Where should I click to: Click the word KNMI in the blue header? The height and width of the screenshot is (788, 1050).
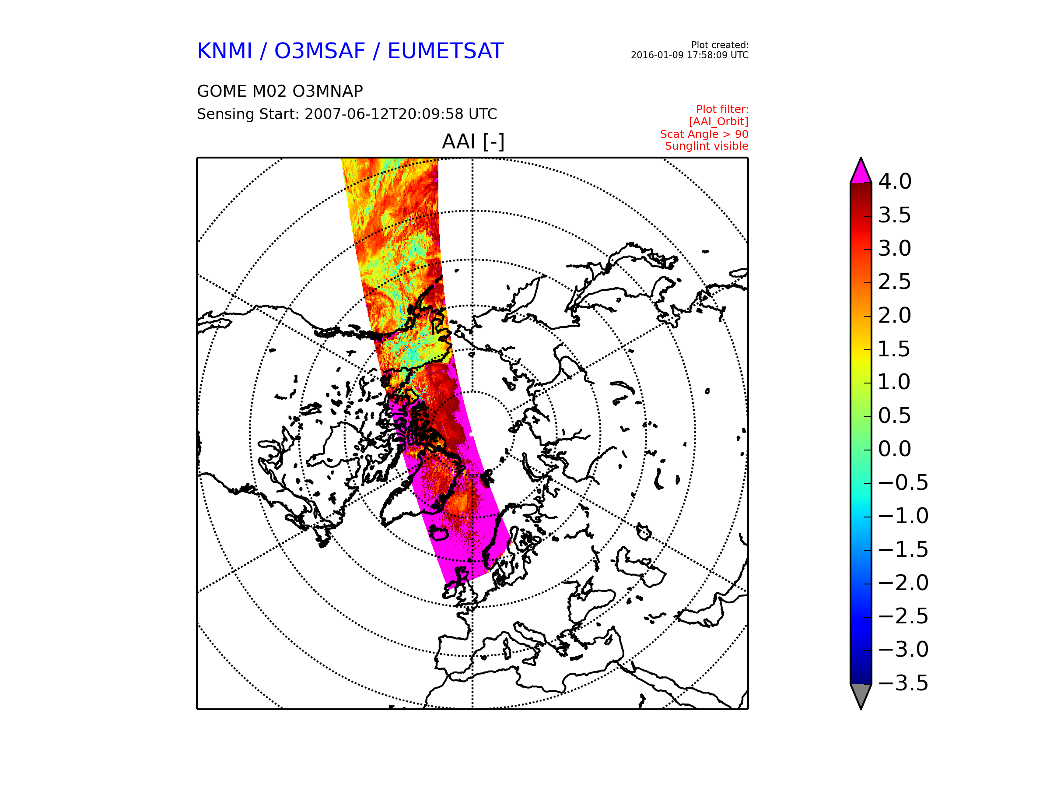tap(224, 51)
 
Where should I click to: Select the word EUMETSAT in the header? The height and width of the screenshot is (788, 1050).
tap(445, 51)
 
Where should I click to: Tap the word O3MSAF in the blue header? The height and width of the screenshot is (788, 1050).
tap(319, 51)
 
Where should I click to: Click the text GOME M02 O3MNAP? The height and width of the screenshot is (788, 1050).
tap(280, 91)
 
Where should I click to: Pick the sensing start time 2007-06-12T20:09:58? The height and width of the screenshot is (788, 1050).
tap(384, 114)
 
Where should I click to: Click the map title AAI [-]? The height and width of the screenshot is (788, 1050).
tap(473, 141)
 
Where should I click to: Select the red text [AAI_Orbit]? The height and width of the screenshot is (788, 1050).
tap(719, 122)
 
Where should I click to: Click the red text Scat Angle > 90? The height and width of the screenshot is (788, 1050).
tap(704, 134)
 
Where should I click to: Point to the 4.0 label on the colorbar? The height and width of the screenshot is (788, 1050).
tap(895, 181)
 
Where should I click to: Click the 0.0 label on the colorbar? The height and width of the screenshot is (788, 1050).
tap(895, 449)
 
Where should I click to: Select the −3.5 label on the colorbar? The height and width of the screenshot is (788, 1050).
tap(903, 683)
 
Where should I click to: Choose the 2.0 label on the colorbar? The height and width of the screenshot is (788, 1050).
tap(895, 315)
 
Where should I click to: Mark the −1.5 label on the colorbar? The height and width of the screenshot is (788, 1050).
tap(903, 549)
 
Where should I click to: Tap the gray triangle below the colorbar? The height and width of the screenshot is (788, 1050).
tap(861, 694)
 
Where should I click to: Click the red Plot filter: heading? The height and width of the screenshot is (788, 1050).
tap(722, 109)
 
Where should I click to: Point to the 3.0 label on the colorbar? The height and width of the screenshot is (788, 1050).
tap(895, 248)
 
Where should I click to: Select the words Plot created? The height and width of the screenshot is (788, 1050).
tap(720, 45)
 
